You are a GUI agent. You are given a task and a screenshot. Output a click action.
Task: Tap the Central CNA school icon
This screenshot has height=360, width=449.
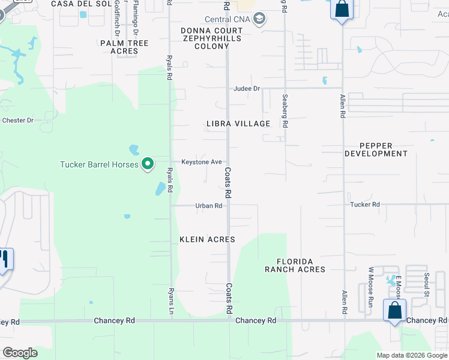click(x=259, y=19)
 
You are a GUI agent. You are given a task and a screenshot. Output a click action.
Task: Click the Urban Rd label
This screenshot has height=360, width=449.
click(x=209, y=206)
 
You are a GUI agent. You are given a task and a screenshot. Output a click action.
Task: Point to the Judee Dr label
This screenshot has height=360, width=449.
click(x=247, y=89)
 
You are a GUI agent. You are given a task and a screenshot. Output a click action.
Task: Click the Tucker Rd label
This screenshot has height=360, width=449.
click(x=365, y=205)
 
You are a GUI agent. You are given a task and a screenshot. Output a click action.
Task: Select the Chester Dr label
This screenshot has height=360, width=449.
click(x=17, y=120)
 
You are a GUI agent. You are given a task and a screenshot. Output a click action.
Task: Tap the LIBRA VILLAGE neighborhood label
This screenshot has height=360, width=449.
click(x=238, y=124)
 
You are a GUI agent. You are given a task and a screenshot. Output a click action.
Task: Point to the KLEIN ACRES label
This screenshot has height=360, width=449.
click(x=207, y=239)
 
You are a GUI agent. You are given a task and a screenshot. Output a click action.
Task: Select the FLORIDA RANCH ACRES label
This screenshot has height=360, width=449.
click(x=295, y=265)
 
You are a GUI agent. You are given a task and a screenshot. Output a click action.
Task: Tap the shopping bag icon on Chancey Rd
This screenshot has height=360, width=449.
click(x=394, y=311)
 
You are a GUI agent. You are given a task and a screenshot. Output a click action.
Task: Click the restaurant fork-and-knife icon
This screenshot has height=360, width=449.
click(x=4, y=259)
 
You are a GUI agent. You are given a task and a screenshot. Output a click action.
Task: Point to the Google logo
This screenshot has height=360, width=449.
click(x=20, y=353)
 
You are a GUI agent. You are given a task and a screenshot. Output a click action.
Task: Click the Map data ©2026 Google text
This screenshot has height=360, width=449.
click(x=412, y=355)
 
